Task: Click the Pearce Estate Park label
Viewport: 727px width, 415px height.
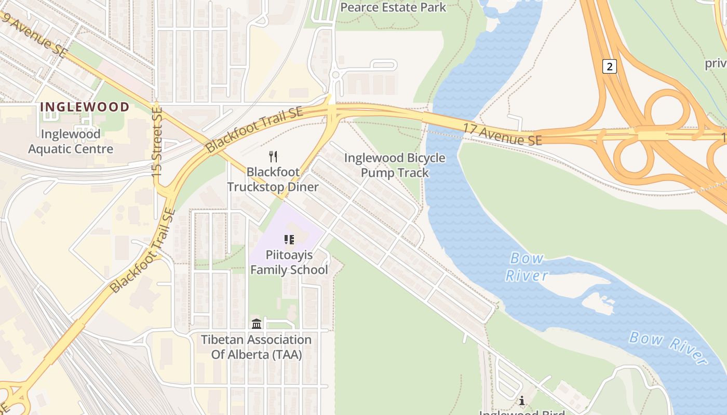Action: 393,7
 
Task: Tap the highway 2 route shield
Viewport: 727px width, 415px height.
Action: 610,66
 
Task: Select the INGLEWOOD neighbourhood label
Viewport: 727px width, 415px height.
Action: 85,107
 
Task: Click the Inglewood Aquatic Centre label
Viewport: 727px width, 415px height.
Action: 71,142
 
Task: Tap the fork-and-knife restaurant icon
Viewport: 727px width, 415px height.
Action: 273,156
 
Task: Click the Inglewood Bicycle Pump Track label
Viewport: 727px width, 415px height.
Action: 395,165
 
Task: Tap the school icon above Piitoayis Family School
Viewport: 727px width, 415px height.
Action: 289,240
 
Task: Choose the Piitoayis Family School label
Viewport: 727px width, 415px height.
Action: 289,262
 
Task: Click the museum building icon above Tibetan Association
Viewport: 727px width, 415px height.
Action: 257,324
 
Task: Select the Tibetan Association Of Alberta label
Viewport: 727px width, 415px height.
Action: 257,347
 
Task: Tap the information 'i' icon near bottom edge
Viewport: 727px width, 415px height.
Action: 521,401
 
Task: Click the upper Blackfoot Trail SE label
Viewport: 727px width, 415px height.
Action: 254,130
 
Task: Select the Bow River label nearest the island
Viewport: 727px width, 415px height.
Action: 527,266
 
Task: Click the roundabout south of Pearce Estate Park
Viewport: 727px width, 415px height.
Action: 335,75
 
